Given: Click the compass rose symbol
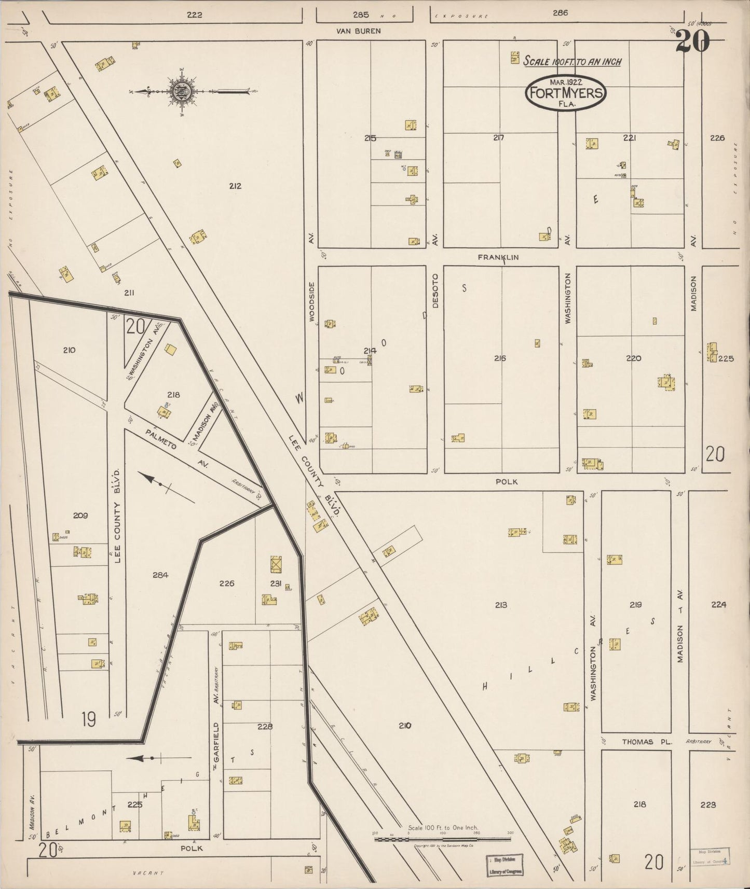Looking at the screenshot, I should pos(182,91).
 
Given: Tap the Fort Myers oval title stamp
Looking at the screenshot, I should pos(566,92).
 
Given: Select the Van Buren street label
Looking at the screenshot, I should pos(358,31).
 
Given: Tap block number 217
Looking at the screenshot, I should pos(499,138).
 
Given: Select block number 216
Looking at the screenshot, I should pos(500,358).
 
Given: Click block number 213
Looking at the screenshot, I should pos(501,605).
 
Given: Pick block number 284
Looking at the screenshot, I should pos(160,575).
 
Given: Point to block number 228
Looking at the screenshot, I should pos(265,727).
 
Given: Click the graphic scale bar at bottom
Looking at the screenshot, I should pos(442,838).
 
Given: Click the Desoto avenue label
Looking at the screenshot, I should pos(435,291).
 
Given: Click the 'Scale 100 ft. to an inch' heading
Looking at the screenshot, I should pos(572,62).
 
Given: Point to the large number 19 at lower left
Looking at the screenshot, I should pos(89,719).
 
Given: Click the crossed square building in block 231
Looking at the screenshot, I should pos(276,564).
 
